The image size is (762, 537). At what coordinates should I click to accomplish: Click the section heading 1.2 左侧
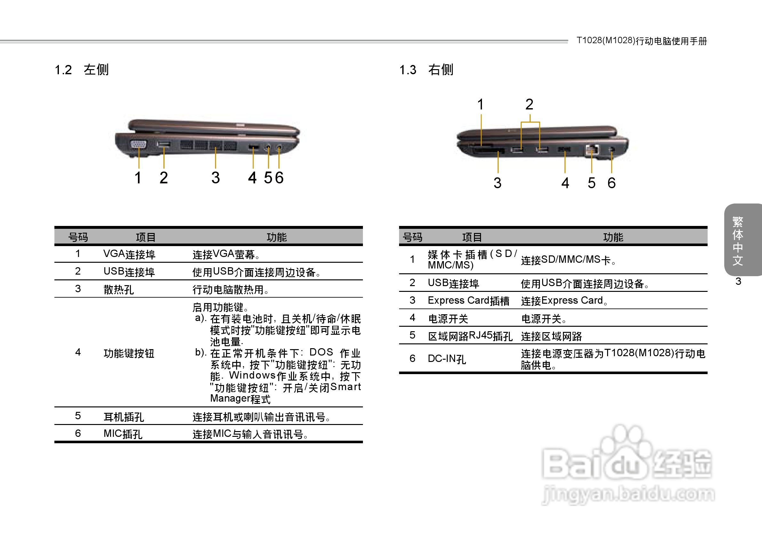click(x=82, y=70)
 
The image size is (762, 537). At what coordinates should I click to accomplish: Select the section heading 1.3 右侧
click(x=426, y=70)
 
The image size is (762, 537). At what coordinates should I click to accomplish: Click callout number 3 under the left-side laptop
click(x=216, y=178)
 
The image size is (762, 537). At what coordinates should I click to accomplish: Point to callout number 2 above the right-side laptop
click(x=529, y=105)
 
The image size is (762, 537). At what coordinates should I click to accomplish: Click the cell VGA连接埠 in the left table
click(x=129, y=254)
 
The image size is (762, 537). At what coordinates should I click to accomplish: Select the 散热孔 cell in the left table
click(x=118, y=289)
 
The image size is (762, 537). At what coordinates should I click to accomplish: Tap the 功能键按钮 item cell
click(x=129, y=353)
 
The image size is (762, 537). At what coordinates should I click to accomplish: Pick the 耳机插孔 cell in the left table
click(x=124, y=417)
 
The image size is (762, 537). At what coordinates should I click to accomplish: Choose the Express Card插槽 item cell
click(x=468, y=301)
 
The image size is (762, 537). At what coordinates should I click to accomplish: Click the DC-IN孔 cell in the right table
click(x=447, y=359)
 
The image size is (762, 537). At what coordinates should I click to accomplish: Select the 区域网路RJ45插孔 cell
click(x=470, y=336)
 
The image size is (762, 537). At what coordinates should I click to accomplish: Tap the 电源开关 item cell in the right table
click(x=448, y=319)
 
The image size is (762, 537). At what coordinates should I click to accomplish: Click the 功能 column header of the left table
click(x=277, y=237)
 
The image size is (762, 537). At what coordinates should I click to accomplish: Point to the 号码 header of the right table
click(x=412, y=237)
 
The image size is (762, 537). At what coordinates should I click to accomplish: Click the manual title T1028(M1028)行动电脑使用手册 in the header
click(x=642, y=41)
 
